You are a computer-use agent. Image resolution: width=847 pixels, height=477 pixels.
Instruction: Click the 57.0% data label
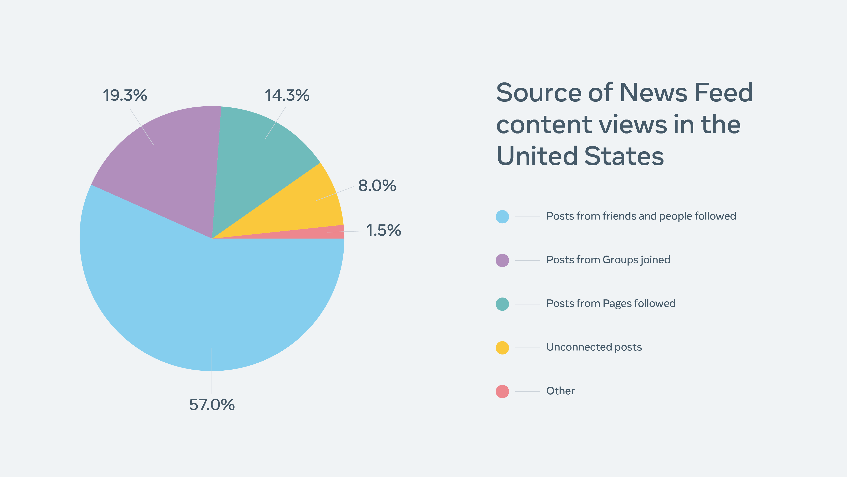(212, 405)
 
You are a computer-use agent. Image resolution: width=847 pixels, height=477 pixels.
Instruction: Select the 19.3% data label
(125, 96)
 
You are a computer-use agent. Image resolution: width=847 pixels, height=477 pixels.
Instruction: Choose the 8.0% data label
(377, 186)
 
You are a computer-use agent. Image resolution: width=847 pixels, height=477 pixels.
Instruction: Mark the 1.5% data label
(383, 230)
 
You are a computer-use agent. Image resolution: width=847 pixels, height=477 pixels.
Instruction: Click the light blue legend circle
(502, 217)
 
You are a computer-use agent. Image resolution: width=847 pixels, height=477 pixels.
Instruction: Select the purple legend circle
(502, 260)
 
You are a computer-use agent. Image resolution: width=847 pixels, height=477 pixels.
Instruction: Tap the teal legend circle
(502, 304)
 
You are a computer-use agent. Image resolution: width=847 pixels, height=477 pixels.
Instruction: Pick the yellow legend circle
(502, 348)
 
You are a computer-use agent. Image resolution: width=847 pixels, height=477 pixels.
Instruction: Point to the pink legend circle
(502, 391)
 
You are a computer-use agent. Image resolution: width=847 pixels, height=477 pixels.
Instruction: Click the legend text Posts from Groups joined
(608, 260)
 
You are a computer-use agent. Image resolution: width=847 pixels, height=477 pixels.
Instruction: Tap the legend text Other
(560, 391)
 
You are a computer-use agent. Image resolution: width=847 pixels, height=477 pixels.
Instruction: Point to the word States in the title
(624, 156)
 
